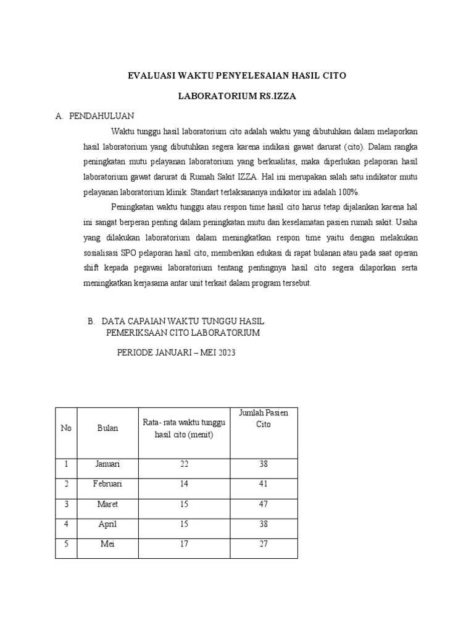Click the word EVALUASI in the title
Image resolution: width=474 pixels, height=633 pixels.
click(151, 75)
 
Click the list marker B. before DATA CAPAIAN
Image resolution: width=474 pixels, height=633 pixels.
click(91, 321)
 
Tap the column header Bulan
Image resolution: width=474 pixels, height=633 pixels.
click(107, 428)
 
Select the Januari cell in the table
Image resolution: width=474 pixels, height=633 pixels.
click(107, 464)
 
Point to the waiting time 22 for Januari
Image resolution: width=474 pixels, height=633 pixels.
click(184, 464)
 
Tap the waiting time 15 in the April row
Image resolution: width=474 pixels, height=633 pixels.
click(184, 524)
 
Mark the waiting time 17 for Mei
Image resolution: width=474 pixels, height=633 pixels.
click(184, 545)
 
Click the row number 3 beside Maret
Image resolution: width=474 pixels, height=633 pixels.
click(66, 504)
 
